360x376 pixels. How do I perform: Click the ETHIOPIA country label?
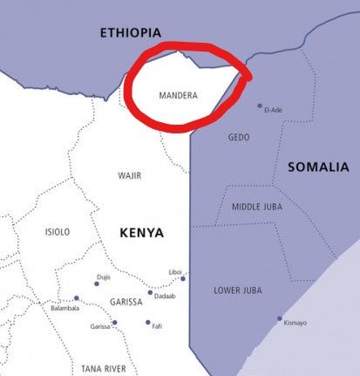131,33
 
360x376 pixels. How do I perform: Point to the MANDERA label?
179,94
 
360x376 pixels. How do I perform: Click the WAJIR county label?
129,175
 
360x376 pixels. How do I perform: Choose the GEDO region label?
239,137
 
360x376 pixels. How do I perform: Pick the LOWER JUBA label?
238,290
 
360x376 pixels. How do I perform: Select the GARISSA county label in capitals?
126,302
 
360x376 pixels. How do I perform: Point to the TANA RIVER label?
104,368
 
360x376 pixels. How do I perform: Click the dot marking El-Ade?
260,106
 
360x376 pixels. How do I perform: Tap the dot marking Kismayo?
280,318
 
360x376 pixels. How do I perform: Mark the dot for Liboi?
183,278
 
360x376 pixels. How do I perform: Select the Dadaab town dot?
150,293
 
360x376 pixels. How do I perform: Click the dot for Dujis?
97,283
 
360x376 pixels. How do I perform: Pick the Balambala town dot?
76,298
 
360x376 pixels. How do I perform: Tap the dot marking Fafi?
148,322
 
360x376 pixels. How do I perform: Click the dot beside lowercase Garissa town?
114,323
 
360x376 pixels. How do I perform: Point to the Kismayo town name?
295,324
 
